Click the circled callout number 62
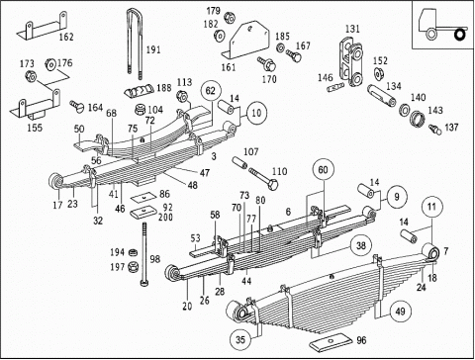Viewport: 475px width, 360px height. (210, 91)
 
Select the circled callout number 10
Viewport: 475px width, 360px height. (256, 113)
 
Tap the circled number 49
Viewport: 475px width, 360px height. (400, 312)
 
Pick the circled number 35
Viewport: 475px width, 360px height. (240, 339)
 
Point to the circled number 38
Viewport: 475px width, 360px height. (361, 245)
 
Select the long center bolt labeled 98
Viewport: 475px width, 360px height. (144, 254)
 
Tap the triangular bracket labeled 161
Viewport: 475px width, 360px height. (247, 40)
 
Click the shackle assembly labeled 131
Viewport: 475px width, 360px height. (351, 62)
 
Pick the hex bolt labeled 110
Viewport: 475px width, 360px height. (263, 178)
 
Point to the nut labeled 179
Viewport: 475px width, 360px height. (229, 17)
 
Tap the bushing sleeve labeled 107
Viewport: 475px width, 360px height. (239, 163)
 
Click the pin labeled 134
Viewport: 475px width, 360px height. (382, 96)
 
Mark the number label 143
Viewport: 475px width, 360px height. (435, 111)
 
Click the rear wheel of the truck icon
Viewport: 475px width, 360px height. (459, 34)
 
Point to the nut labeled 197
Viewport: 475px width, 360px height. (134, 266)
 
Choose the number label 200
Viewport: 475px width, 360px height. (165, 217)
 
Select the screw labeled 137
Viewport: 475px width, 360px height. (434, 130)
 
